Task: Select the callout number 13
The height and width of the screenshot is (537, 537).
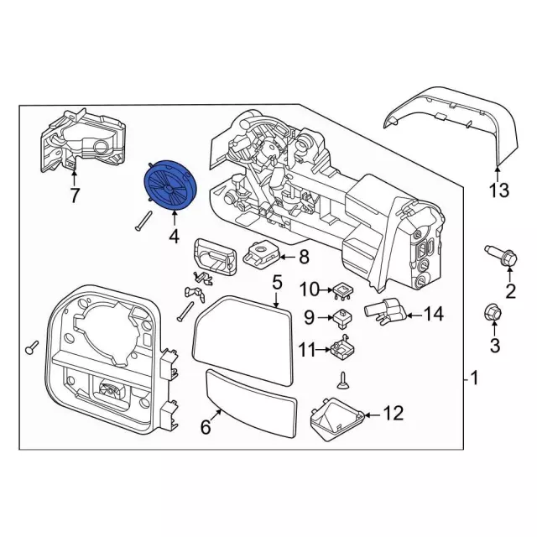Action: (x=498, y=191)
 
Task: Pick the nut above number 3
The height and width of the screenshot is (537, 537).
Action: (x=493, y=313)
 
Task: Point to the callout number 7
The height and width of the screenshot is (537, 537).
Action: (x=74, y=196)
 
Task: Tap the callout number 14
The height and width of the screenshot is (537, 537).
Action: (x=432, y=315)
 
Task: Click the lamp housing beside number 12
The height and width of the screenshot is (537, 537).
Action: (x=339, y=417)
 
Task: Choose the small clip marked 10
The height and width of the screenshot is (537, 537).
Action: (x=341, y=289)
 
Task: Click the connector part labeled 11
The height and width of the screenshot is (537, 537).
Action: (x=341, y=347)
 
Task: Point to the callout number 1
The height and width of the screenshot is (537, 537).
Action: (x=474, y=379)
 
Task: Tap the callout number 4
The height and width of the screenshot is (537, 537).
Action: (x=174, y=237)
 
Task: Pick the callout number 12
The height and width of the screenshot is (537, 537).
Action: (x=393, y=413)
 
